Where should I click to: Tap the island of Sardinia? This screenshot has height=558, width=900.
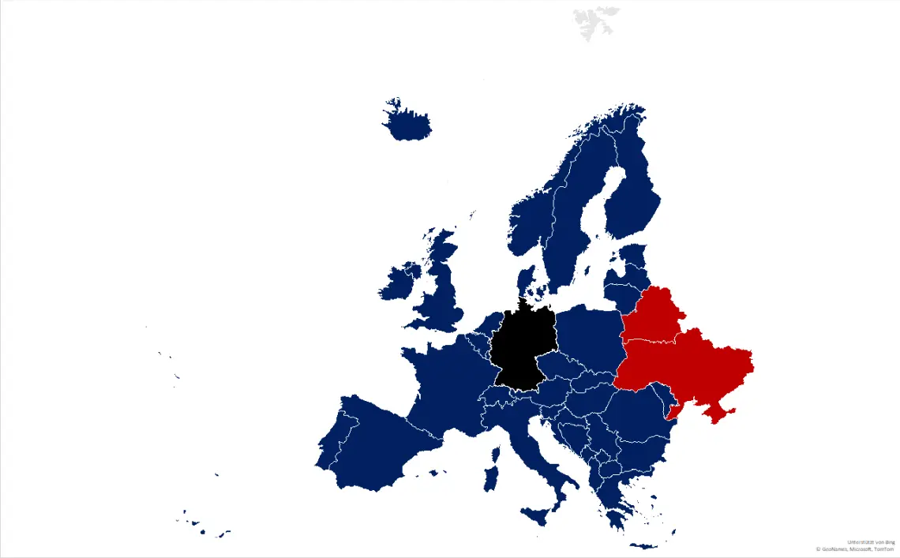pyautogui.click(x=491, y=477)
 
